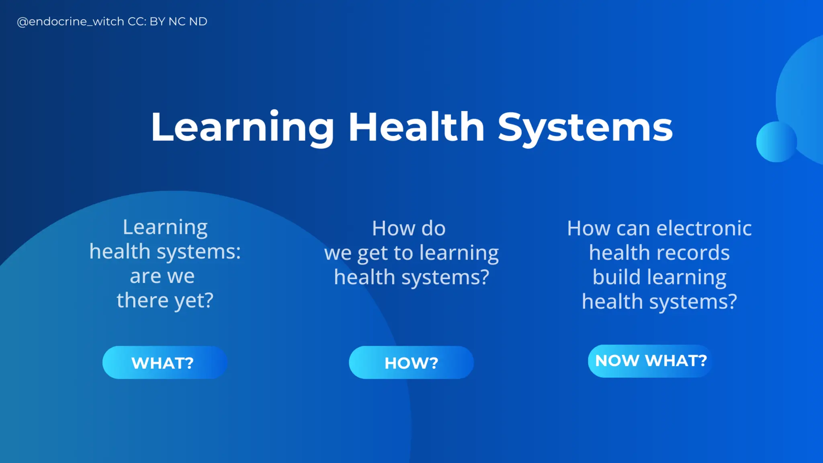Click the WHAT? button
coord(165,363)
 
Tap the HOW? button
coord(411,363)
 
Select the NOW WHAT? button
coord(650,361)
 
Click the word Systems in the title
coord(585,127)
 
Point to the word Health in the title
coord(416,127)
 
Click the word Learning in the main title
coord(242,127)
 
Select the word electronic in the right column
coord(704,228)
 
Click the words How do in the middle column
coord(409,228)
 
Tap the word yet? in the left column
coord(193,301)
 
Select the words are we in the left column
coord(162,276)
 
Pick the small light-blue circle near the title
coord(776,142)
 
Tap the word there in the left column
coord(142,300)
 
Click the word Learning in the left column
coord(165,227)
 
